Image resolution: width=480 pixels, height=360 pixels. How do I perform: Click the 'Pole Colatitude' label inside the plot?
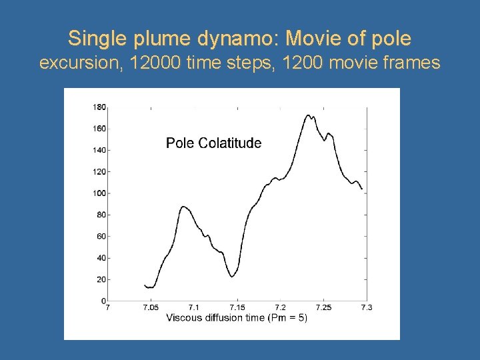213,143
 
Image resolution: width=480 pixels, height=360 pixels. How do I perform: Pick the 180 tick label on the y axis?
99,107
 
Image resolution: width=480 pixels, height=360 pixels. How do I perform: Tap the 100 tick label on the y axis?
99,193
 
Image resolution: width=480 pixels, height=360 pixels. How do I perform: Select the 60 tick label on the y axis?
101,237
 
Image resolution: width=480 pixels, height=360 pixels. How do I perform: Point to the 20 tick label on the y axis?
101,279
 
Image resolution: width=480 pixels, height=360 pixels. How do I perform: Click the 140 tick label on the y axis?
99,150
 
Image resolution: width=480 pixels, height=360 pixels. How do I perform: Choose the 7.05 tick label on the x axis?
151,307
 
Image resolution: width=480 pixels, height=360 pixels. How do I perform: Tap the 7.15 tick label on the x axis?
237,307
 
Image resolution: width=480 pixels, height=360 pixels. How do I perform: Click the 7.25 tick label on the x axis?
323,307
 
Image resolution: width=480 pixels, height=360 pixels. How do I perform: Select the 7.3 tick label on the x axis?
366,307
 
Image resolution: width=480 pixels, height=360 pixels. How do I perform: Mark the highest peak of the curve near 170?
309,115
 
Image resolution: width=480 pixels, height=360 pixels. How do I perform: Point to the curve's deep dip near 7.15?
231,275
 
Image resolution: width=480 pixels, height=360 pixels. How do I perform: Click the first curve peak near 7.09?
184,207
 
